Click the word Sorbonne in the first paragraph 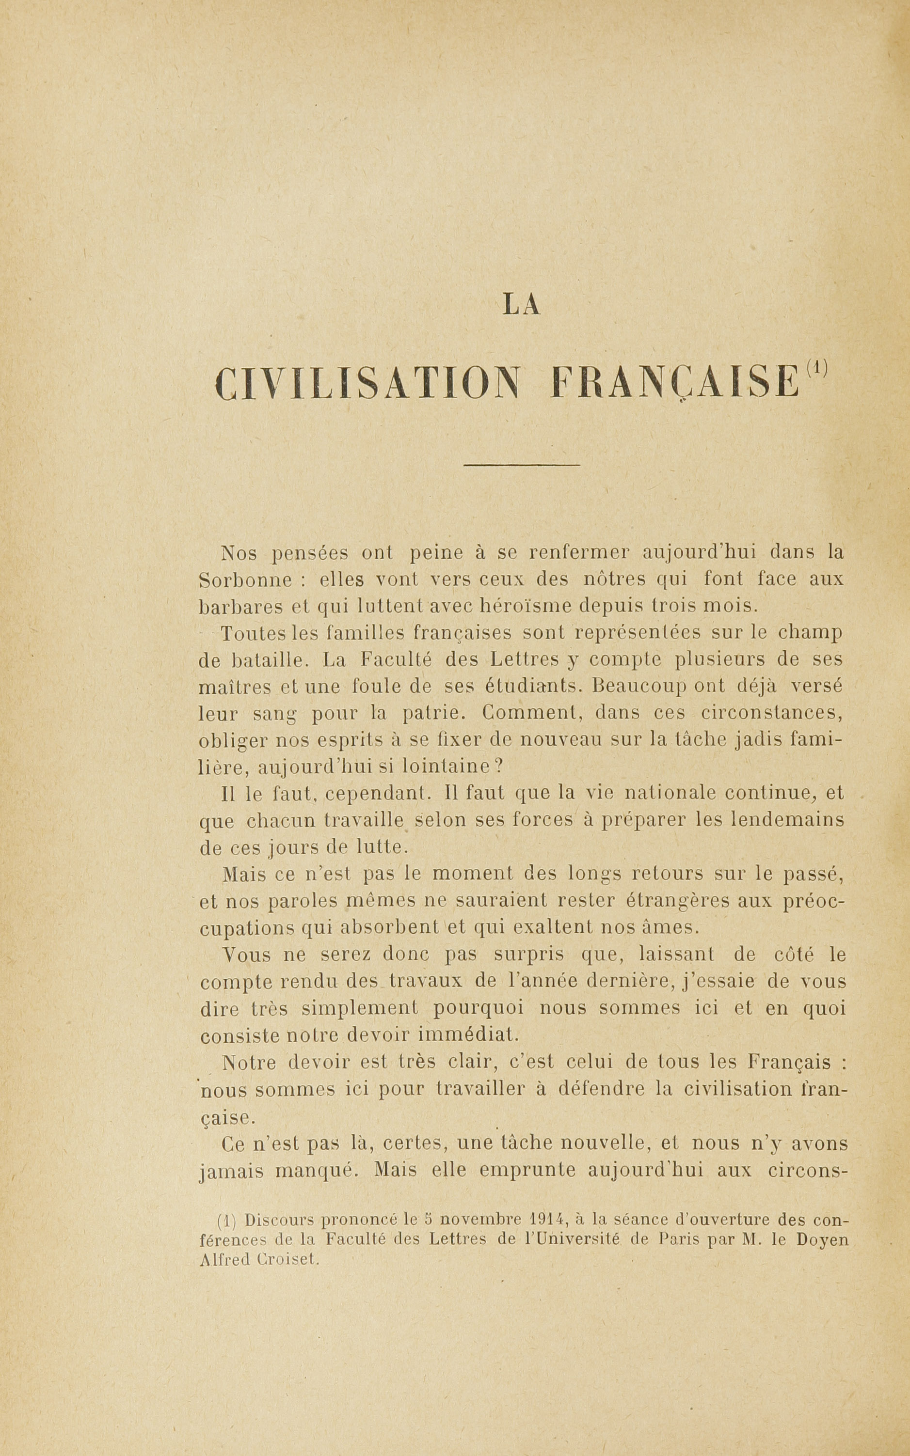point(245,580)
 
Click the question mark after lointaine point(498,767)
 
